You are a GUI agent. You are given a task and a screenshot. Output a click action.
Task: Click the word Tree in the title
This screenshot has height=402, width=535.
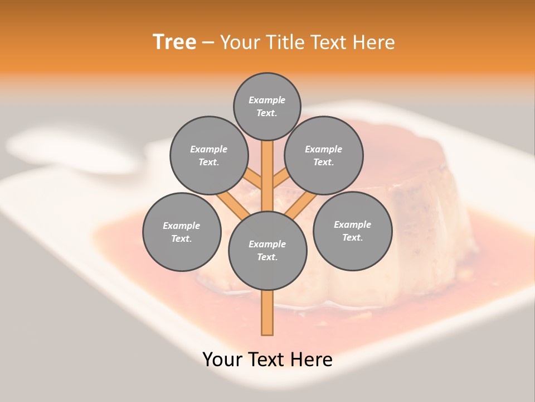click(x=174, y=42)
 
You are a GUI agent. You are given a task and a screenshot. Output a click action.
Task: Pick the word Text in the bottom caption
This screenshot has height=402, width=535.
click(x=269, y=360)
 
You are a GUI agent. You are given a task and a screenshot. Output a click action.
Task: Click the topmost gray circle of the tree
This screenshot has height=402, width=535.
click(x=267, y=106)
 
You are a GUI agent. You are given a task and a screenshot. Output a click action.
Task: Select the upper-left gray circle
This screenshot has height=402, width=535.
click(x=209, y=155)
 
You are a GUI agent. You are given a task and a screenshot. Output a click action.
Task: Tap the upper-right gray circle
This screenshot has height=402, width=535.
click(x=324, y=155)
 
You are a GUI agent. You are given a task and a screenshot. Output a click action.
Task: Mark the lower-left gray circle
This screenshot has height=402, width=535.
click(x=182, y=232)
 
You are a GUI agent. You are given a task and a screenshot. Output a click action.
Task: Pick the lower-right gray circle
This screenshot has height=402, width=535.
click(x=352, y=231)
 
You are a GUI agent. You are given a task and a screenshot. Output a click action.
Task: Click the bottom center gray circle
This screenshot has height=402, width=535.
click(x=267, y=250)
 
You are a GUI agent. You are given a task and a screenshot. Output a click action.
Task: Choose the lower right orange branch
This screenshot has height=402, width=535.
click(x=301, y=204)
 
